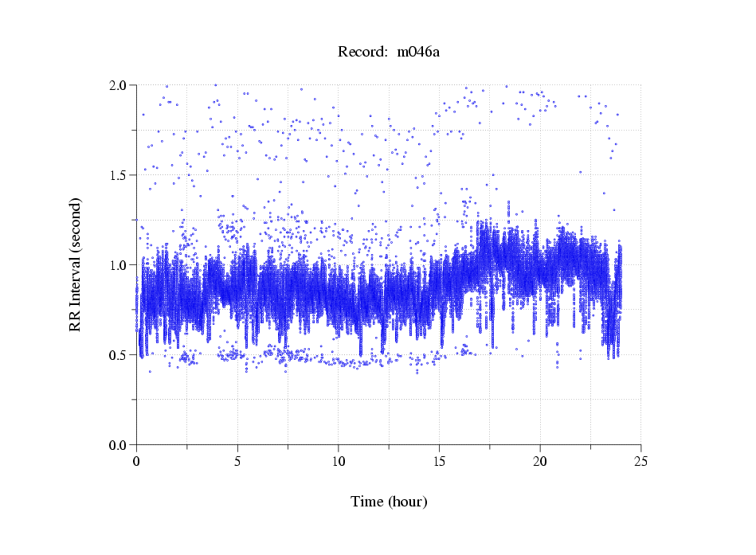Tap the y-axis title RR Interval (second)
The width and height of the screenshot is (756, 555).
(x=76, y=264)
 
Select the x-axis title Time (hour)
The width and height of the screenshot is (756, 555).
(x=389, y=502)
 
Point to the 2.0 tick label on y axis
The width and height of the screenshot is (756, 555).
(x=119, y=85)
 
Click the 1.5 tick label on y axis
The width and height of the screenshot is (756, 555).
(x=119, y=175)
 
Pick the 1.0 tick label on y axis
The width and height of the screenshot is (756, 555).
(x=119, y=265)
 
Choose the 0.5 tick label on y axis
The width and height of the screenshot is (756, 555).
(x=119, y=355)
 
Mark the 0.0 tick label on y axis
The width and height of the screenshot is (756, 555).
(x=119, y=445)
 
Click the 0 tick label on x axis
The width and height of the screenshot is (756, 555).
(x=137, y=462)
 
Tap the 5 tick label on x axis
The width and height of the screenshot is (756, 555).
(x=237, y=462)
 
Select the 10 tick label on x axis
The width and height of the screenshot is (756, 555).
(x=339, y=462)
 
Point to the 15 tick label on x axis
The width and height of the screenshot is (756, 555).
(x=439, y=462)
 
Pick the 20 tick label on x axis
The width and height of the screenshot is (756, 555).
(x=540, y=462)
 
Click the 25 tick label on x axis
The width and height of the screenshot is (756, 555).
(x=640, y=462)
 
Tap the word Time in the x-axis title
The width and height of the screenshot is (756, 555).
(x=367, y=502)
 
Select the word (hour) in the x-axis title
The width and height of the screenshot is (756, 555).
(x=408, y=502)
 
